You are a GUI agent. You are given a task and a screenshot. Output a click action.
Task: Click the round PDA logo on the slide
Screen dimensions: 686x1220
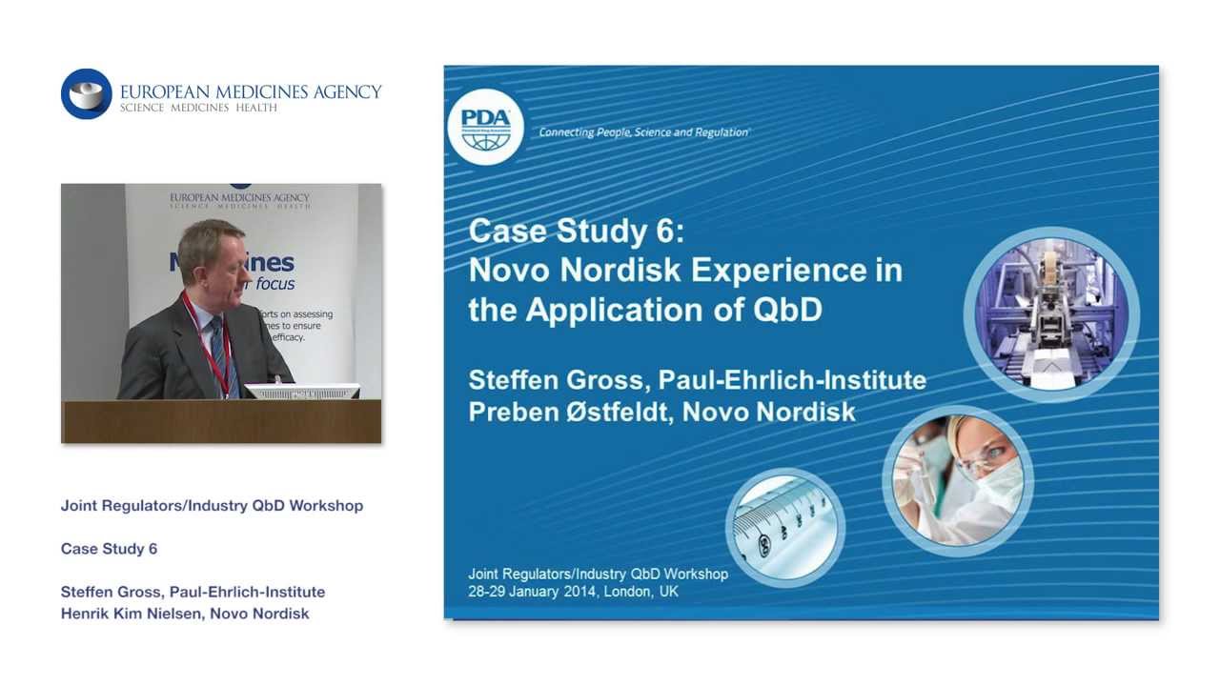coord(486,126)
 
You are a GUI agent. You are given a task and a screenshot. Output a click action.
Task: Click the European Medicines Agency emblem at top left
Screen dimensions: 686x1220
coord(87,93)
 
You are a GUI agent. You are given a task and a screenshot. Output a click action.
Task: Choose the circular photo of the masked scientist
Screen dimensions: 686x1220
coord(957,480)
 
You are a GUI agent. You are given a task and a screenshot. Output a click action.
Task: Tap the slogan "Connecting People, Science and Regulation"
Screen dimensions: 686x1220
coord(643,132)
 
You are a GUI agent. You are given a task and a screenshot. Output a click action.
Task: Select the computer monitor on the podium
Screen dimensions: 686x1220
coord(302,392)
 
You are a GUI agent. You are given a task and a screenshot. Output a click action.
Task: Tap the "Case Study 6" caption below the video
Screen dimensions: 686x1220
coord(109,549)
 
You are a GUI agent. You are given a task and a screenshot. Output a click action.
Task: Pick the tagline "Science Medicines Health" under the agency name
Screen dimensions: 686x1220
coord(198,108)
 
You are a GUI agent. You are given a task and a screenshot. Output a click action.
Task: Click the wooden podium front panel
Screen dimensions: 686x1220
coord(221,421)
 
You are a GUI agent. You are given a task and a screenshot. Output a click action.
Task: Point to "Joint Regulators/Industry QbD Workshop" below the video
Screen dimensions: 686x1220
coord(212,506)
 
